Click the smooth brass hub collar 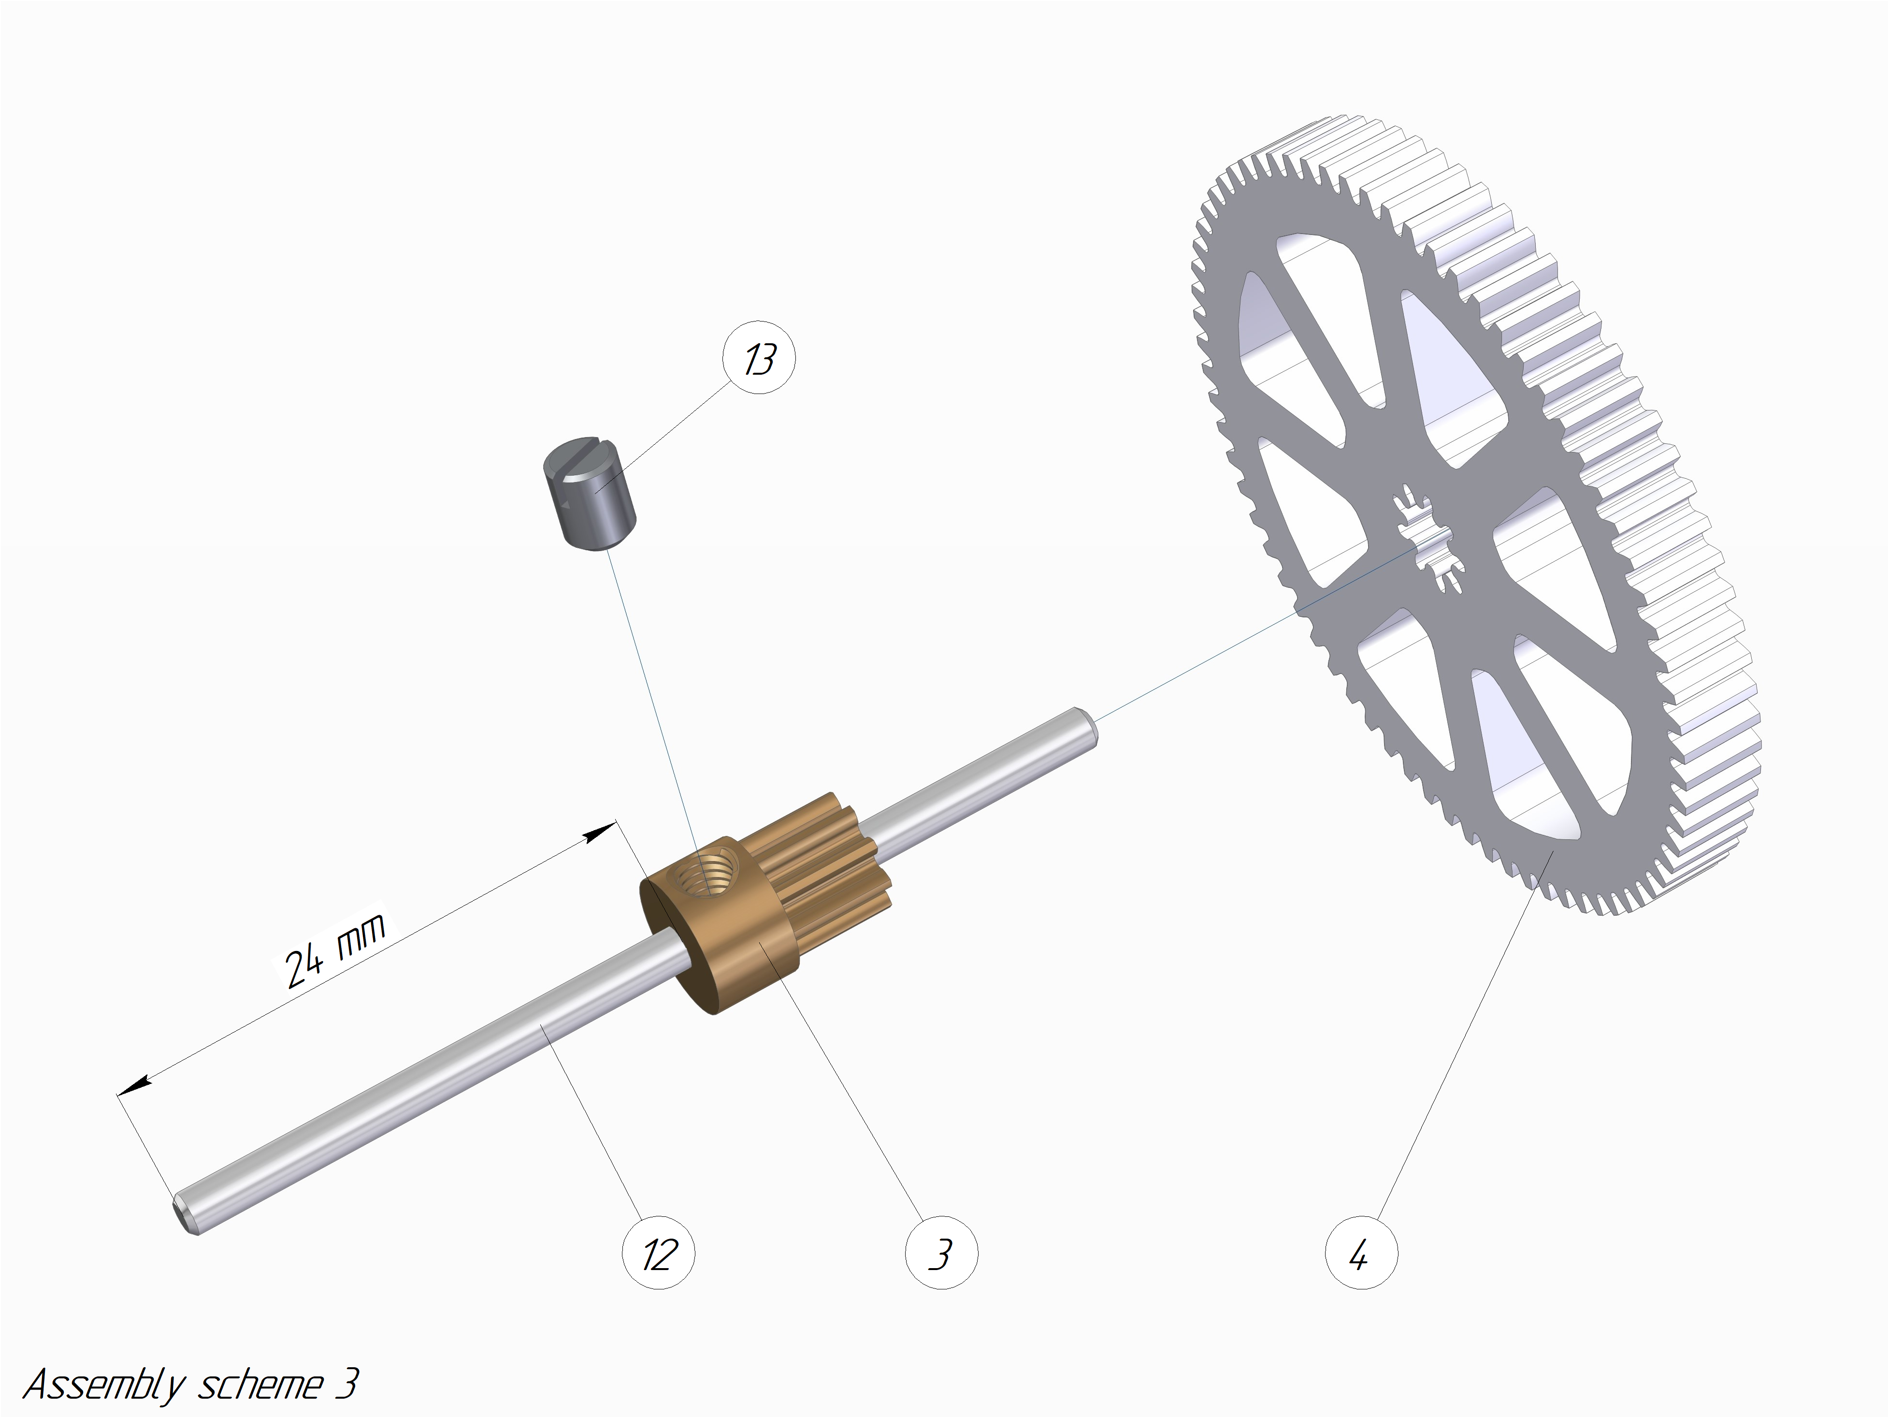pyautogui.click(x=717, y=927)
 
